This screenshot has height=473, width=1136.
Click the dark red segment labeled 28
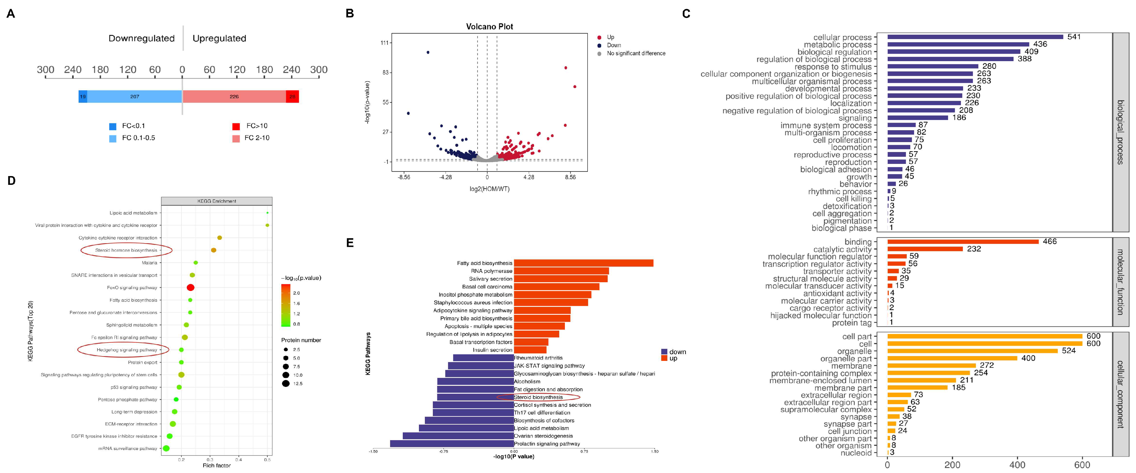click(x=292, y=97)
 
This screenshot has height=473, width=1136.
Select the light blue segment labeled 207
click(x=135, y=97)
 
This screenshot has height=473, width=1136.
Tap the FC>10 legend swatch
click(x=236, y=127)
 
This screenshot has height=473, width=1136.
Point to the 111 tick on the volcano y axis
click(x=385, y=43)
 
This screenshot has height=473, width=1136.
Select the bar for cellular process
click(x=975, y=37)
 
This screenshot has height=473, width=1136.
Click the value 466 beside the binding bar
click(x=1050, y=241)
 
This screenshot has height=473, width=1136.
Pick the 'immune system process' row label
click(x=826, y=125)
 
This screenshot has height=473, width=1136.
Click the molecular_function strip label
click(x=1120, y=282)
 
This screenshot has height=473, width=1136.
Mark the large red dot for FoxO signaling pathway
click(x=190, y=288)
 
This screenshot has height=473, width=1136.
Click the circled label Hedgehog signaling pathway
click(x=127, y=350)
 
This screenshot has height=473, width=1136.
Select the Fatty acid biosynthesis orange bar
click(x=583, y=263)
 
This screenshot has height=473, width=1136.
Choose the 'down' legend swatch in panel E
click(x=664, y=352)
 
